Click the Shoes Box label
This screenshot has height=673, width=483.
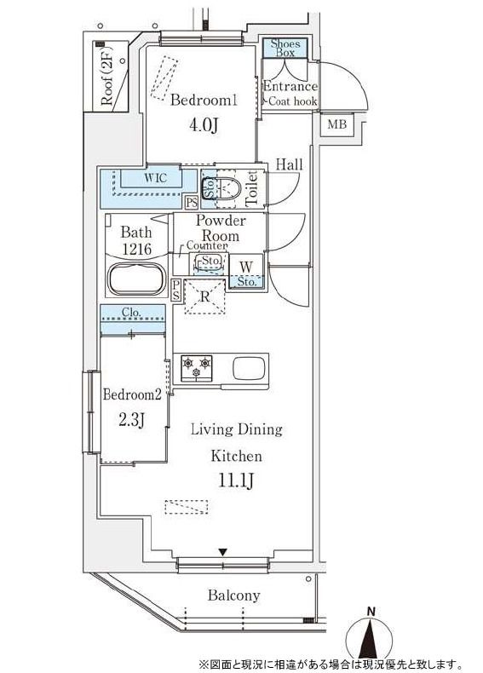tap(285, 48)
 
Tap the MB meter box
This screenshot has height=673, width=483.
tap(337, 124)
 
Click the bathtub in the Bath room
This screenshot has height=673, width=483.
tap(137, 279)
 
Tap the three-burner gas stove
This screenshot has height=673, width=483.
tap(197, 368)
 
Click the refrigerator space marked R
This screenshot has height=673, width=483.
tap(205, 296)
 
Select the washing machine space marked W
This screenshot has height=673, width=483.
tap(246, 267)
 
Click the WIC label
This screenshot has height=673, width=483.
tap(155, 178)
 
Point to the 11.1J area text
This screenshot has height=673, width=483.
tap(236, 480)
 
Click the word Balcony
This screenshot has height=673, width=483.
tap(234, 595)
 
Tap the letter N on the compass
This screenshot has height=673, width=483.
tap(371, 611)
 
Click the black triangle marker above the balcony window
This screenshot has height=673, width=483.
tap(222, 552)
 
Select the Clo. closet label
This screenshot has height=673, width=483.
tap(131, 312)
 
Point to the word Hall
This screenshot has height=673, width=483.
tap(289, 164)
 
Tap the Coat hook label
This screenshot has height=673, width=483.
tap(292, 101)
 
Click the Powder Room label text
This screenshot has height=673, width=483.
tap(221, 228)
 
